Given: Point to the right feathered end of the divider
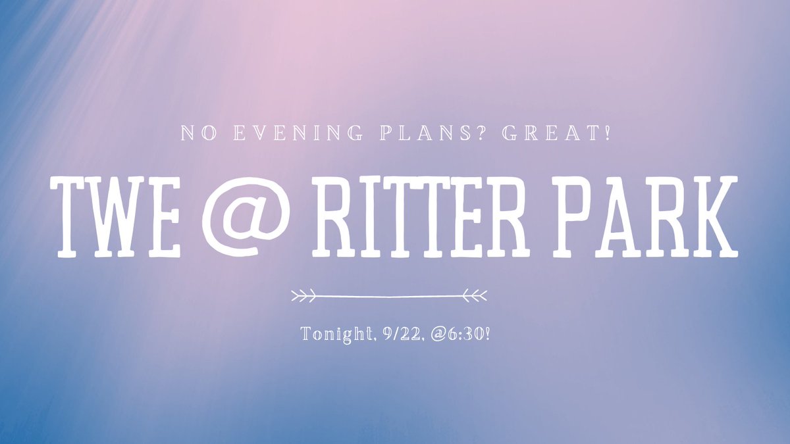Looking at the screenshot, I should click(476, 296).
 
